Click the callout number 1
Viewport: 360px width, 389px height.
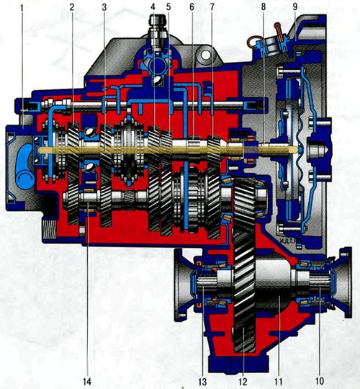coord(22,8)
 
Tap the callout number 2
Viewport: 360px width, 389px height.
coord(72,7)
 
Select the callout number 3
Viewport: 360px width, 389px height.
coord(104,7)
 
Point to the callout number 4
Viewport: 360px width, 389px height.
coord(153,7)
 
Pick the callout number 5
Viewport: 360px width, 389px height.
coord(168,7)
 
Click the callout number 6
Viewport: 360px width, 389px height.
coord(192,7)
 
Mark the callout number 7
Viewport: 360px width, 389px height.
coord(212,7)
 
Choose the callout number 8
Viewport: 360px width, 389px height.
coord(264,7)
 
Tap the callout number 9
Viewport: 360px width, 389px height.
coord(295,7)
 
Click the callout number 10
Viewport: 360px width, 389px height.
coord(320,381)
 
